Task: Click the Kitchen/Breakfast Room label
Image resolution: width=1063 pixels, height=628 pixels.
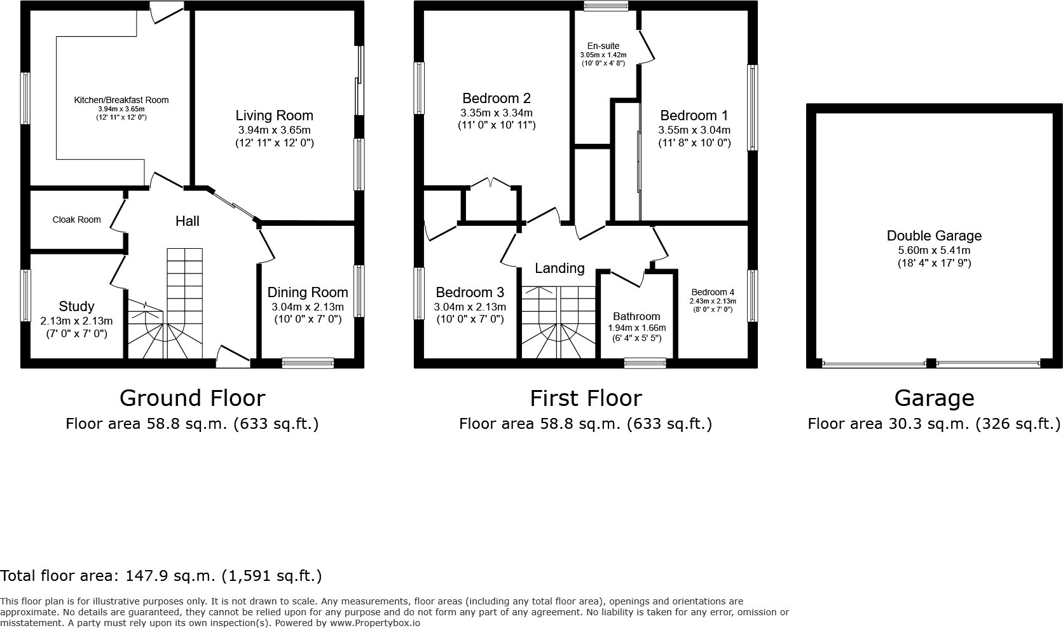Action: pyautogui.click(x=121, y=100)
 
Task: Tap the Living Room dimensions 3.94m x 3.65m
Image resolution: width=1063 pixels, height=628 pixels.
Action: pyautogui.click(x=274, y=130)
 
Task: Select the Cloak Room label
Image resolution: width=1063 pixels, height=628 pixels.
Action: pyautogui.click(x=76, y=220)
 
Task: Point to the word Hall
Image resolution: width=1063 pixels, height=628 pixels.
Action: pyautogui.click(x=187, y=221)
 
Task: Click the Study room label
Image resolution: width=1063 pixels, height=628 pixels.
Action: pyautogui.click(x=76, y=306)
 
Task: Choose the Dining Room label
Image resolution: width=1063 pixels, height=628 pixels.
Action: pyautogui.click(x=307, y=292)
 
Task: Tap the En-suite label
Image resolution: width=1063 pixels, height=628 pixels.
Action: pyautogui.click(x=603, y=46)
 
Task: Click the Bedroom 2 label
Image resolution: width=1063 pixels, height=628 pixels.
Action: pyautogui.click(x=496, y=98)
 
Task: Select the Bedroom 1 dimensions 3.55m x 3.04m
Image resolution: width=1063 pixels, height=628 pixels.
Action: pyautogui.click(x=694, y=130)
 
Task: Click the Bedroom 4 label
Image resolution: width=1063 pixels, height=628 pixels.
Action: pyautogui.click(x=712, y=293)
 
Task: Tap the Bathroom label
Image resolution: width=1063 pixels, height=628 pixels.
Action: pyautogui.click(x=636, y=316)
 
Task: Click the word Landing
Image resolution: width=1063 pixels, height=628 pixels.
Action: pyautogui.click(x=559, y=268)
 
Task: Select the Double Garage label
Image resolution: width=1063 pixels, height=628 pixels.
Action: pyautogui.click(x=933, y=235)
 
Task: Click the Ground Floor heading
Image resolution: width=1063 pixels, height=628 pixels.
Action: pyautogui.click(x=192, y=398)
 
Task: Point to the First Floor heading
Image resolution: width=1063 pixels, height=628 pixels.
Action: pyautogui.click(x=586, y=398)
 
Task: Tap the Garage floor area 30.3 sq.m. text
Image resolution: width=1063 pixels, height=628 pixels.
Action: pyautogui.click(x=933, y=424)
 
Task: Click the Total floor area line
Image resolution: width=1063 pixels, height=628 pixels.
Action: pyautogui.click(x=161, y=576)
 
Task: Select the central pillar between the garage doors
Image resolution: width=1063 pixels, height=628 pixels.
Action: pyautogui.click(x=931, y=363)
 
